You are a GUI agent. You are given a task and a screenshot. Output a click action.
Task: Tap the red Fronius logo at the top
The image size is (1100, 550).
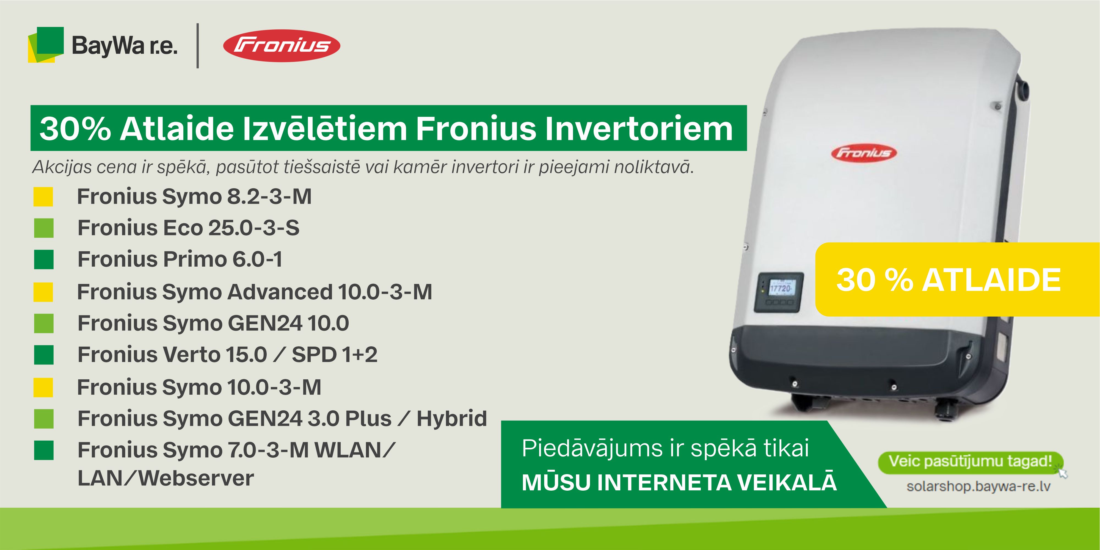click(x=282, y=46)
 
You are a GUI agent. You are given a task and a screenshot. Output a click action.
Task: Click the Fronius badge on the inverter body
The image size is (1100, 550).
click(x=864, y=153)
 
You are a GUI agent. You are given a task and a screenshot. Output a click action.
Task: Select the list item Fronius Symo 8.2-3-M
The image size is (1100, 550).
click(x=194, y=197)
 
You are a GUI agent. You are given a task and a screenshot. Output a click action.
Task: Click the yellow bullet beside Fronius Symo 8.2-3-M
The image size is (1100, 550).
click(x=43, y=197)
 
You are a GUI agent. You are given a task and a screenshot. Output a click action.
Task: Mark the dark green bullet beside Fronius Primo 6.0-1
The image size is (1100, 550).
click(x=43, y=259)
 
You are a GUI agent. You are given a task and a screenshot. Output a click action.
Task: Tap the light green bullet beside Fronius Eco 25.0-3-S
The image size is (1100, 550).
click(x=43, y=228)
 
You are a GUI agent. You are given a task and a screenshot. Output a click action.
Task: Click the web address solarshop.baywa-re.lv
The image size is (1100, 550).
click(x=978, y=487)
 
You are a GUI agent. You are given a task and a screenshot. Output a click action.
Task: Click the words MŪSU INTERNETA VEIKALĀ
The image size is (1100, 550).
click(x=679, y=483)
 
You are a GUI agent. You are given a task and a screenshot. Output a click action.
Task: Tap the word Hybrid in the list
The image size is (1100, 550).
click(x=452, y=418)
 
